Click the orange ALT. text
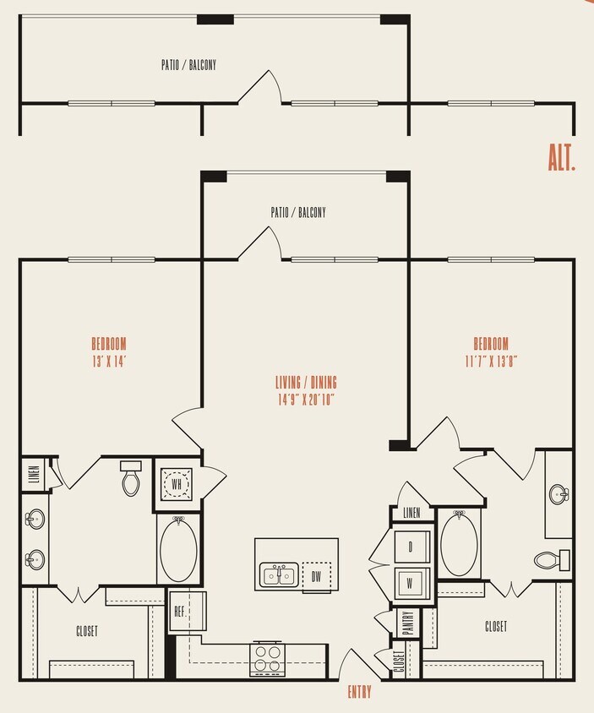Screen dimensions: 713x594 coord(561,158)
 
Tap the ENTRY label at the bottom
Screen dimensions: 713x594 coord(359,693)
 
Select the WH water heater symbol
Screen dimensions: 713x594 coord(177,485)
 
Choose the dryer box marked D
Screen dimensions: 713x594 coord(411,547)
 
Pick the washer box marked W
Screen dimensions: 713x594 coord(411,582)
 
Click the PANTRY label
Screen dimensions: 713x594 coord(407,623)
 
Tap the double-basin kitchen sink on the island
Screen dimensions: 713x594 coord(279,576)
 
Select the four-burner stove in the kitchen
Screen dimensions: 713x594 coord(268,658)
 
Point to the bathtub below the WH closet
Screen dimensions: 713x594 coord(177,549)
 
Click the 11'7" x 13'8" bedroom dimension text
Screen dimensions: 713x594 coord(491,359)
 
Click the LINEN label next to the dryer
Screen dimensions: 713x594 coord(411,513)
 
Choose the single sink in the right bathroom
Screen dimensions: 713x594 coord(558,494)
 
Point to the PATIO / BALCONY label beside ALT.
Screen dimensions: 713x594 coord(188,64)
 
